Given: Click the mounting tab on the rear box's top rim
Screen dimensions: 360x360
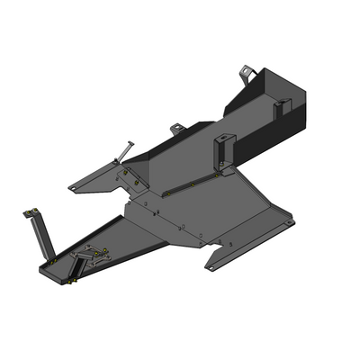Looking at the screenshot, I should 247,70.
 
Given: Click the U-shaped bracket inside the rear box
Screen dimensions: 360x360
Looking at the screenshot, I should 280,107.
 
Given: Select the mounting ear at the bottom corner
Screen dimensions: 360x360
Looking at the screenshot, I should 213,264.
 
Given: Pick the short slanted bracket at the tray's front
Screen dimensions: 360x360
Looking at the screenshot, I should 79,266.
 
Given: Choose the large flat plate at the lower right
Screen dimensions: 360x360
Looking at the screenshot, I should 225,211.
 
